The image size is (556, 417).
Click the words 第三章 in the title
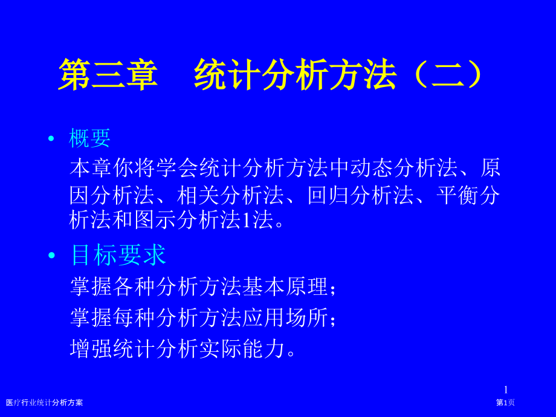click(x=108, y=74)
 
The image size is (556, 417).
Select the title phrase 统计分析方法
click(x=295, y=74)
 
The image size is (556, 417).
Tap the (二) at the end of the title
click(x=448, y=74)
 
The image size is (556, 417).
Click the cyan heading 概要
click(x=89, y=138)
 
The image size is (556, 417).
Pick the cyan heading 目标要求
click(x=118, y=254)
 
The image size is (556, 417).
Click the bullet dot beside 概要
click(x=51, y=138)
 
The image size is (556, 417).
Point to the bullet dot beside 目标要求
click(x=52, y=255)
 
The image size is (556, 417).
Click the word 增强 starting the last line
click(x=91, y=349)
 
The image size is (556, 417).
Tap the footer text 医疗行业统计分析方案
click(x=44, y=402)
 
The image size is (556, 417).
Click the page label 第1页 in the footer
click(x=505, y=402)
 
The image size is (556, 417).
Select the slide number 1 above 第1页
click(x=506, y=390)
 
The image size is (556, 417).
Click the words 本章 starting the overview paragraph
click(x=91, y=168)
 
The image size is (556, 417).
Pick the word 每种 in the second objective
click(x=134, y=317)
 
